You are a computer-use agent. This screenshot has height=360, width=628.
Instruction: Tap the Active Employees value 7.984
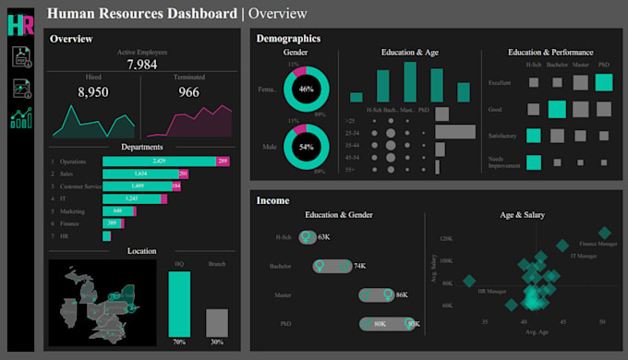(142, 65)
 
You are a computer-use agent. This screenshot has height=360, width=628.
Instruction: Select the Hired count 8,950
(93, 93)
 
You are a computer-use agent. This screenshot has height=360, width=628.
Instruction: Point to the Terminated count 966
(188, 93)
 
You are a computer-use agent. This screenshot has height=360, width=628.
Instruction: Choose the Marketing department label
(73, 210)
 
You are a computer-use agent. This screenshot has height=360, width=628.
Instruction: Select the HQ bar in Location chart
(179, 305)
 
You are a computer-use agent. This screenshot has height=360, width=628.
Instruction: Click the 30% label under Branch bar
(216, 342)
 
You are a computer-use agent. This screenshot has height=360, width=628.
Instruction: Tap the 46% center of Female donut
(305, 90)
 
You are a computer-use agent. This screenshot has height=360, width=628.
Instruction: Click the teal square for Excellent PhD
(603, 82)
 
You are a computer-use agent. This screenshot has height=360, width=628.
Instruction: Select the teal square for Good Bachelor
(556, 109)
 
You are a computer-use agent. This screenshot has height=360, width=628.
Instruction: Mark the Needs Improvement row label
(504, 162)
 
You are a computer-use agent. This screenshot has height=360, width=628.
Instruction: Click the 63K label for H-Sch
(323, 237)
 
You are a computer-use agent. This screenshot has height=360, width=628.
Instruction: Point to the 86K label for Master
(401, 295)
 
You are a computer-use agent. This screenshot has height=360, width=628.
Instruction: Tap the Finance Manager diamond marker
(604, 234)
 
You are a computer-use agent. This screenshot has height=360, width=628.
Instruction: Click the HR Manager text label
(490, 291)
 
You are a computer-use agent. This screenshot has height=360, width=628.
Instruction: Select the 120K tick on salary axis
(446, 238)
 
